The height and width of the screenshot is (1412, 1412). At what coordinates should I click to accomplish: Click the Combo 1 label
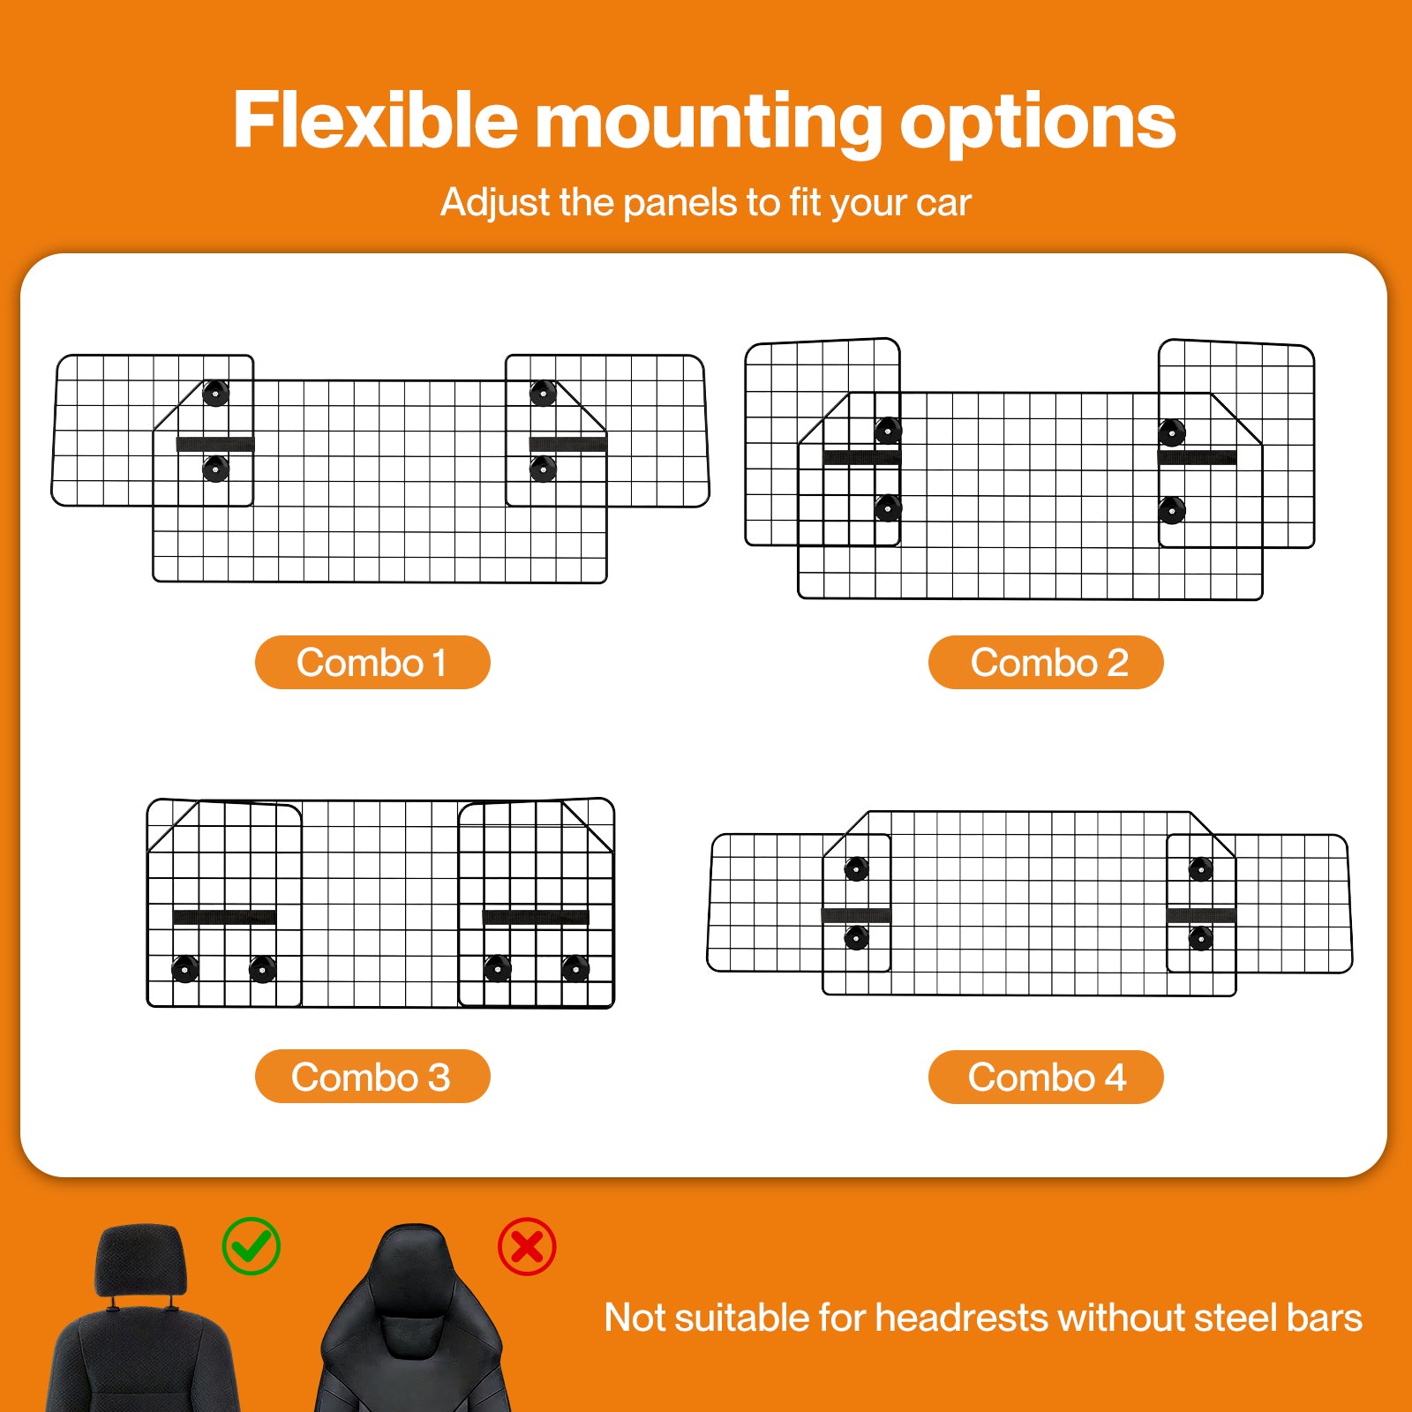(x=372, y=662)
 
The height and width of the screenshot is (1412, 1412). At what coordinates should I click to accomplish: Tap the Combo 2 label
(x=1046, y=662)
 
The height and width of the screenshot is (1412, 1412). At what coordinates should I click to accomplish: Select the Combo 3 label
(x=372, y=1077)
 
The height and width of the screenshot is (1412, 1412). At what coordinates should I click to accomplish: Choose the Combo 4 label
(x=1046, y=1077)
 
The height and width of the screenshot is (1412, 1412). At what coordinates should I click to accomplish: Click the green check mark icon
(x=252, y=1245)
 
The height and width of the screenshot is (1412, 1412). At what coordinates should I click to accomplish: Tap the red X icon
(x=527, y=1246)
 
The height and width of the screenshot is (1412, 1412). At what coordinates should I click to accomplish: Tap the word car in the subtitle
(x=943, y=204)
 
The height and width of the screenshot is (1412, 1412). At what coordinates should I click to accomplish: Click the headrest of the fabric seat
(x=141, y=1260)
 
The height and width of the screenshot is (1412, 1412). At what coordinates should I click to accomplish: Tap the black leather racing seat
(x=412, y=1319)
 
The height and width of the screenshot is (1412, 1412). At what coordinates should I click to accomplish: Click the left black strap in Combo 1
(x=215, y=444)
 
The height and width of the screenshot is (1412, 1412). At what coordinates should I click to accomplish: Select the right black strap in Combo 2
(x=1197, y=457)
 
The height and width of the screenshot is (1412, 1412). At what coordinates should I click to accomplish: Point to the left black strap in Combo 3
(x=224, y=917)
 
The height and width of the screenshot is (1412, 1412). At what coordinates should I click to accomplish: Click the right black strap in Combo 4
(x=1201, y=915)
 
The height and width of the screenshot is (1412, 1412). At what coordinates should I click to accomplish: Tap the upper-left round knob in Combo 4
(x=856, y=869)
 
